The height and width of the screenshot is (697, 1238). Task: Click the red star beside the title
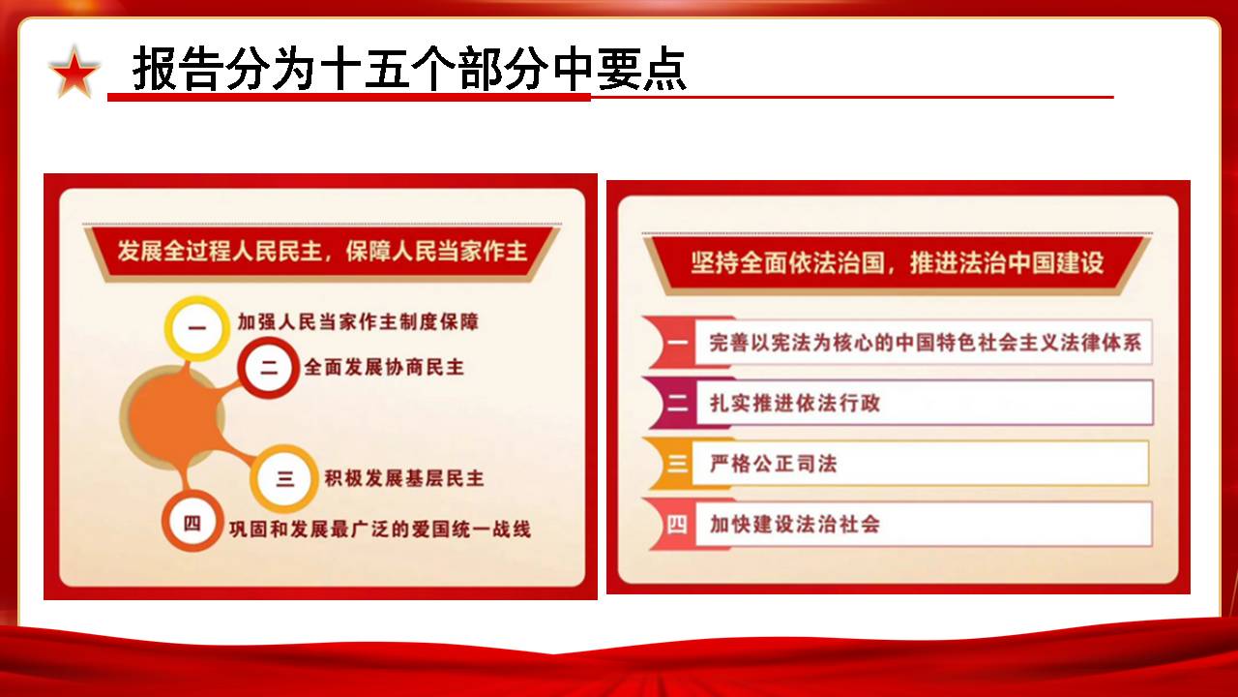(x=74, y=73)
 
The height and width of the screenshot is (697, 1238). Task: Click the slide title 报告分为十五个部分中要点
(x=409, y=69)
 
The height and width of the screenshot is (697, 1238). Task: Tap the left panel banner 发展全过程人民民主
(x=322, y=252)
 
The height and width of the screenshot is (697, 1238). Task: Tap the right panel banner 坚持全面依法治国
(x=898, y=262)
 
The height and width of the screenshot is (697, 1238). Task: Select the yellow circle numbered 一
(x=197, y=328)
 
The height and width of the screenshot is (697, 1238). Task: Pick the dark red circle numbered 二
(x=269, y=368)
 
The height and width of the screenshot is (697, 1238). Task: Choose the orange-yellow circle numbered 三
(x=284, y=478)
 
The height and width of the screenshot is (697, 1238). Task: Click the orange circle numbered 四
(x=192, y=523)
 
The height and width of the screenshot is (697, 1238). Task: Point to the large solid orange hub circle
(x=172, y=416)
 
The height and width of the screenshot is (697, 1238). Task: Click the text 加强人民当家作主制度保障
(x=358, y=322)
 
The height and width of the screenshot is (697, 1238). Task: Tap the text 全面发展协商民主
(x=384, y=367)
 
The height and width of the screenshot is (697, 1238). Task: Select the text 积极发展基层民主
(x=404, y=478)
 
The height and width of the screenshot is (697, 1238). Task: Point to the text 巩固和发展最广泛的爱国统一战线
(x=380, y=530)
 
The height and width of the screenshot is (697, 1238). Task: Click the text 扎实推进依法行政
(x=795, y=404)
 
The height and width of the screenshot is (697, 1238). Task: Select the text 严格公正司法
(x=774, y=464)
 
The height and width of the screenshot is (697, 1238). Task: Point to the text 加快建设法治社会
(x=795, y=525)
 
